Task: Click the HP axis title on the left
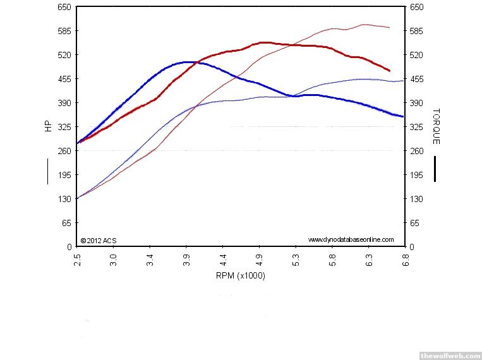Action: (48, 126)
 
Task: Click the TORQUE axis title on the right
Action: (435, 126)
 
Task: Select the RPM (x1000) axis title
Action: (240, 275)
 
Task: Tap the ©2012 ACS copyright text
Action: (99, 240)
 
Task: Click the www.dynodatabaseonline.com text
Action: (351, 239)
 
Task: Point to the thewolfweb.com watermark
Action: (449, 354)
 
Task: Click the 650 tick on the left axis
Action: (64, 7)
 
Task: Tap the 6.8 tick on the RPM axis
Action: (404, 259)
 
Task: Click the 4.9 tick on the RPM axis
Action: (259, 259)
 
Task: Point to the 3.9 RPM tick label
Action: (186, 259)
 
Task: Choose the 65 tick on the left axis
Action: (66, 223)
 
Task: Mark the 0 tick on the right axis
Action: (411, 247)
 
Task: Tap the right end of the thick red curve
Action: (389, 71)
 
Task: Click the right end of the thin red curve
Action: (389, 28)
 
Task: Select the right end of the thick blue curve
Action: (402, 116)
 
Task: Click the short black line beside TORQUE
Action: (435, 169)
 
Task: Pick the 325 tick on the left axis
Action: (64, 127)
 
